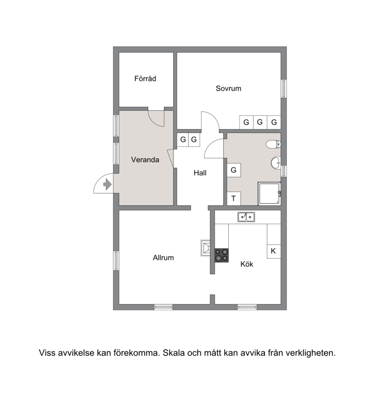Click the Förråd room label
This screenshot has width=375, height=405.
pos(145,79)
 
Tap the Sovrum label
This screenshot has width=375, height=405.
pos(229,88)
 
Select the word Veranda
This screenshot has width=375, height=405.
pos(145,160)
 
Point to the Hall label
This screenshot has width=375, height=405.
pos(200,173)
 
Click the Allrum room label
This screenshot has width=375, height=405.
pos(163,257)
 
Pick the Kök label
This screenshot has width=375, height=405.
pos(247,264)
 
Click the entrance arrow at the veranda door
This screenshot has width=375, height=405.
pos(107,185)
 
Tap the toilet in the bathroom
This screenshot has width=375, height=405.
pos(273,144)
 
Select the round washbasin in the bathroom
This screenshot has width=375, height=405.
pos(276,163)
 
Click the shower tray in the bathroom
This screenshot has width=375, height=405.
pos(269,194)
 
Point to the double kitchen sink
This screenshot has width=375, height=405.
pos(247,217)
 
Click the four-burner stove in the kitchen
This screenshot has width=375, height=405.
pos(222,255)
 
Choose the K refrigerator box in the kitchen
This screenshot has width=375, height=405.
pos(274,251)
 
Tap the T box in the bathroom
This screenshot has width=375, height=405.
pos(234,198)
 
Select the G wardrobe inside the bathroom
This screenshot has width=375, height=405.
pos(234,170)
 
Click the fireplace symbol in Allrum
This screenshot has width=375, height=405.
pos(206,248)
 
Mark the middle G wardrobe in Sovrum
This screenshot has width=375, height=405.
pos(260,122)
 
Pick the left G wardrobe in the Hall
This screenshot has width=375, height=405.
pos(183,140)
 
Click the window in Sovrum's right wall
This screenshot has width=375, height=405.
pos(284,89)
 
